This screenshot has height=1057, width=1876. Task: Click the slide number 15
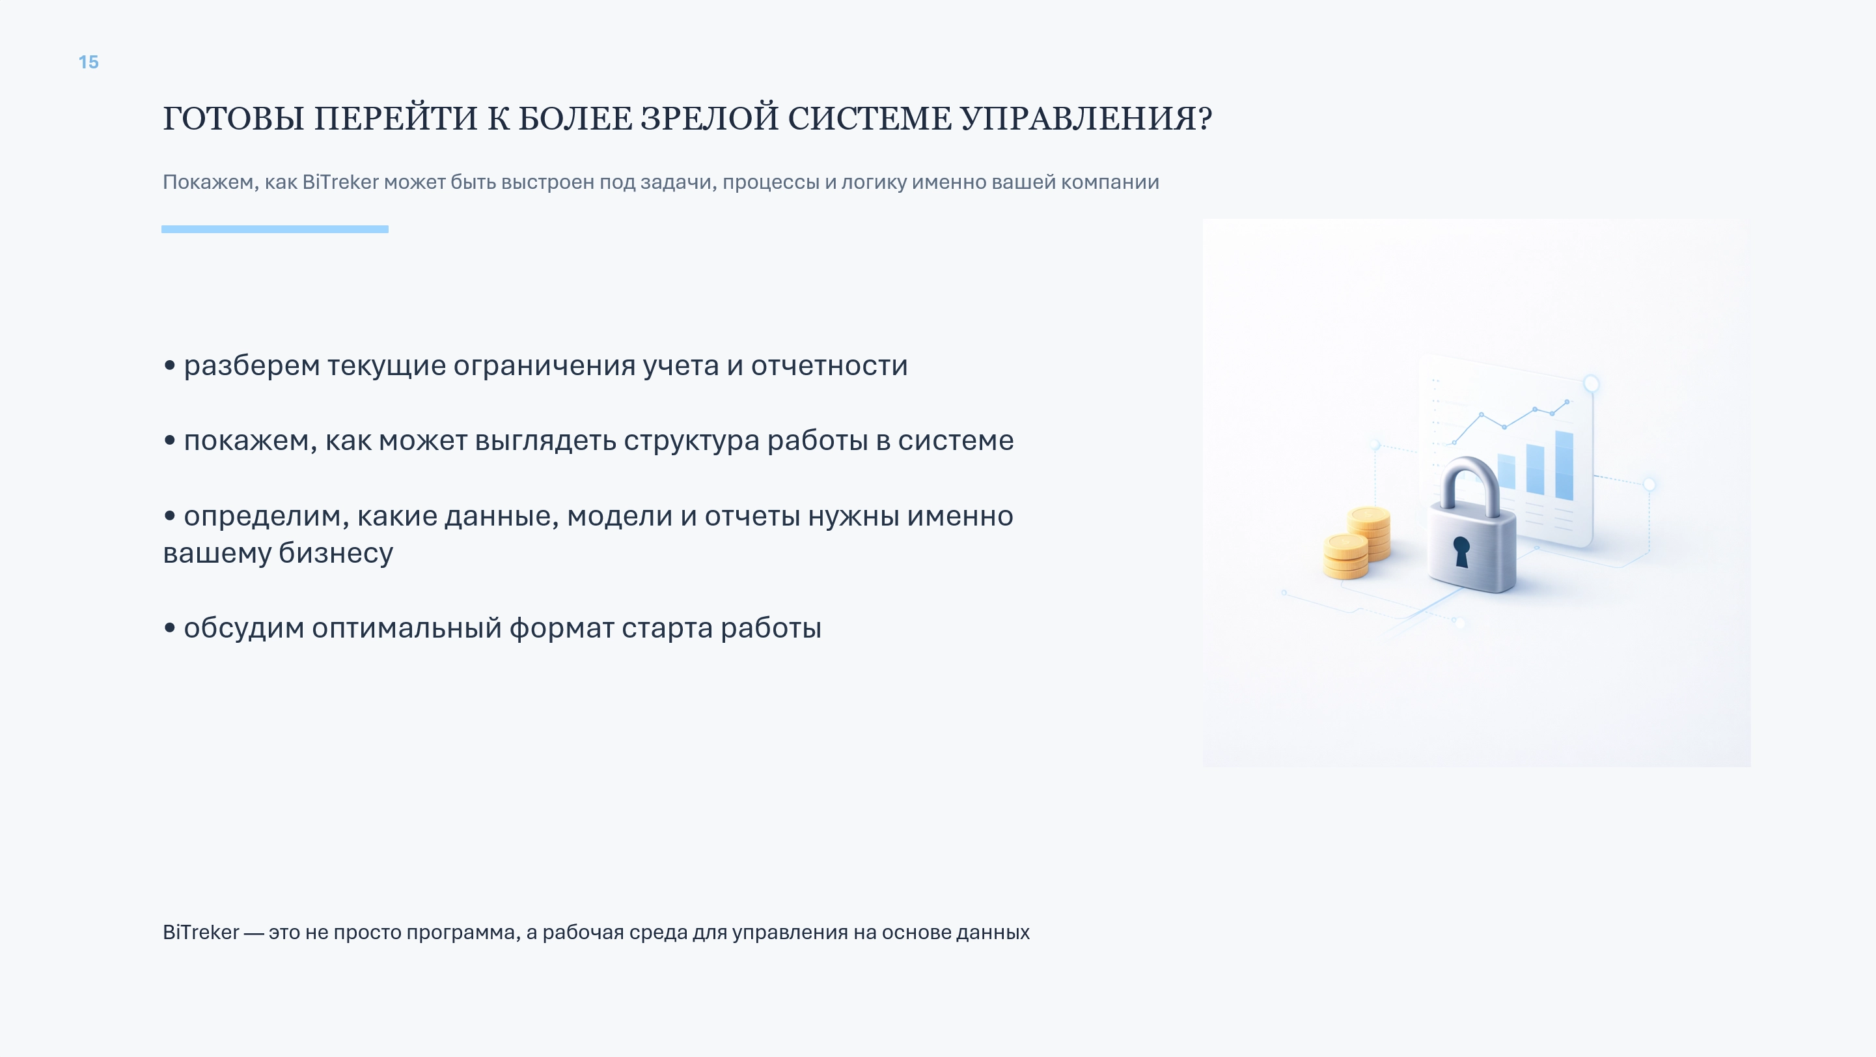coord(88,63)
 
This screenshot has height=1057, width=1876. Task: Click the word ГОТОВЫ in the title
coord(233,119)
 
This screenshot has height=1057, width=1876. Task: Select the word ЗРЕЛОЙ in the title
coord(710,117)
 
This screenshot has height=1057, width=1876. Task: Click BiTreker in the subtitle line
coord(340,182)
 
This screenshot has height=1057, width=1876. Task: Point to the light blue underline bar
coord(275,229)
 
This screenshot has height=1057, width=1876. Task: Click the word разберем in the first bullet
coord(252,366)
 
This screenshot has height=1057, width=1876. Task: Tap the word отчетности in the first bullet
coord(829,366)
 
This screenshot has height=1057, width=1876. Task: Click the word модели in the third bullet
coord(620,516)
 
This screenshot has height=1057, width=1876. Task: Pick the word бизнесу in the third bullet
coord(336,553)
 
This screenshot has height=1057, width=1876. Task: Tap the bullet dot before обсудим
coord(170,628)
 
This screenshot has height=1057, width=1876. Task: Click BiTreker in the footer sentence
coord(200,933)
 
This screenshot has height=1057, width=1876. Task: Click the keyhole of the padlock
coord(1461,552)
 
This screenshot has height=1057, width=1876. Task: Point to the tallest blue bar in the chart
coord(1564,466)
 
